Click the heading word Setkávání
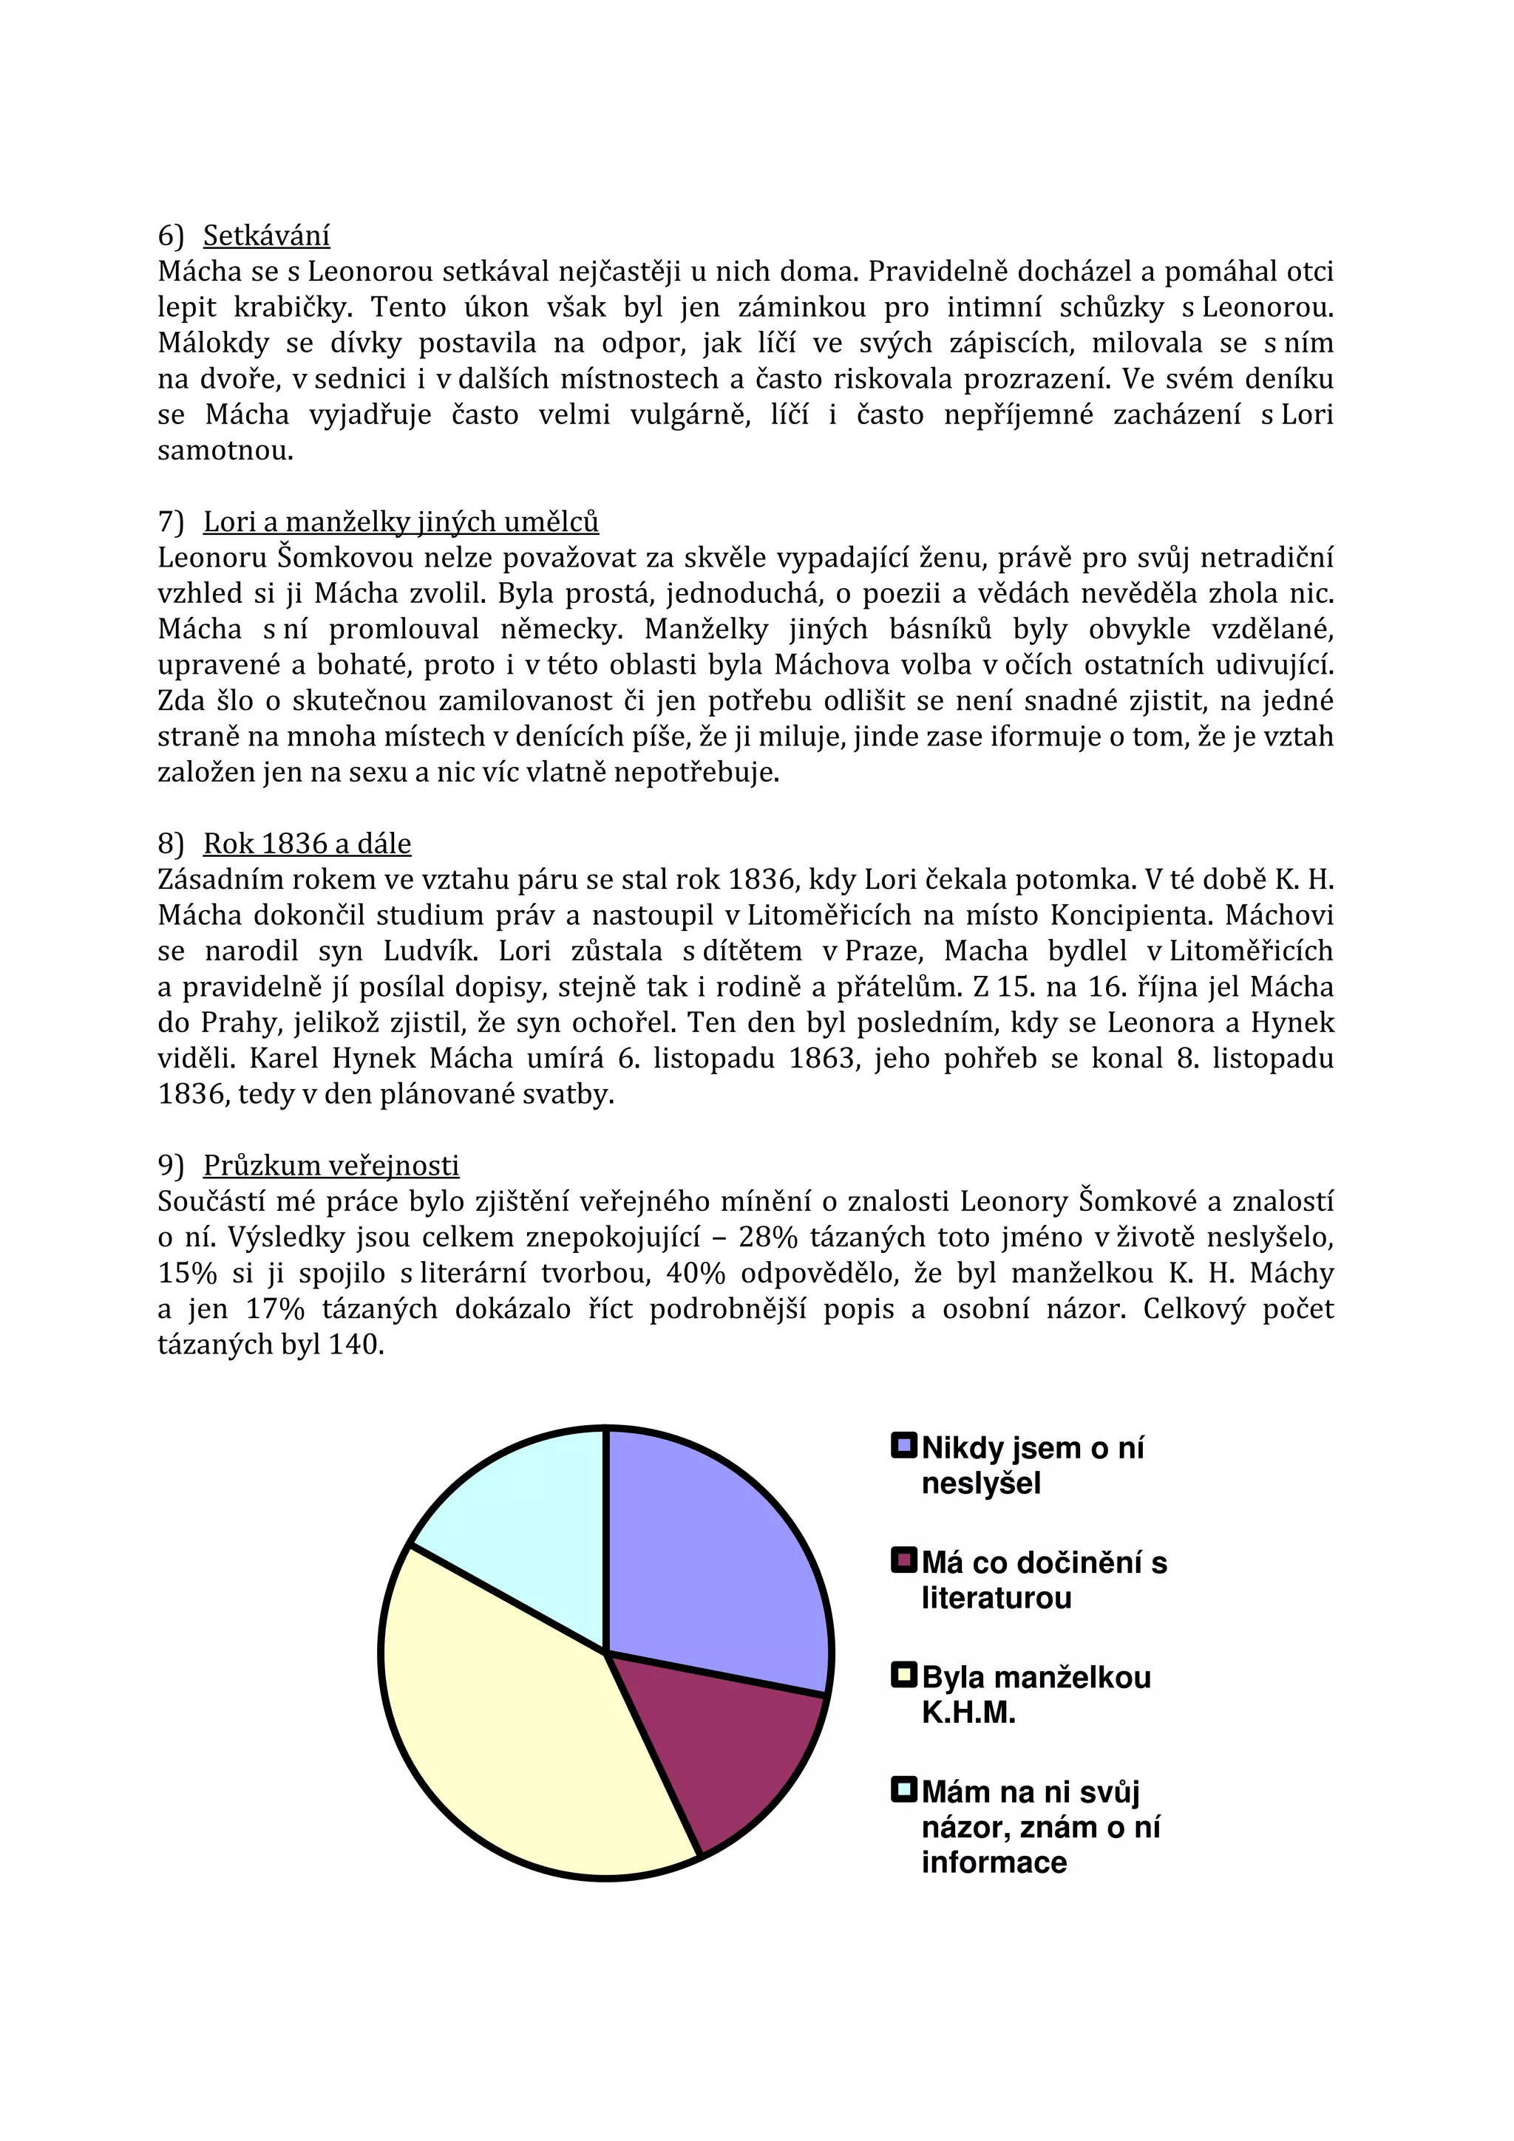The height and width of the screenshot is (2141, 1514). tap(266, 235)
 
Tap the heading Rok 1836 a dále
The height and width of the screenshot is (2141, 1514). tap(307, 843)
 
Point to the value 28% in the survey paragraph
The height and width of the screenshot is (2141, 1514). tap(768, 1237)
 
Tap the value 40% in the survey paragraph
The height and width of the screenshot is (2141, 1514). tap(770, 1273)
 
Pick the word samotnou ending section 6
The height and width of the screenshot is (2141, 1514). tap(225, 451)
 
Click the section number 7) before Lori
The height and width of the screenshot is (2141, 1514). tap(171, 522)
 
